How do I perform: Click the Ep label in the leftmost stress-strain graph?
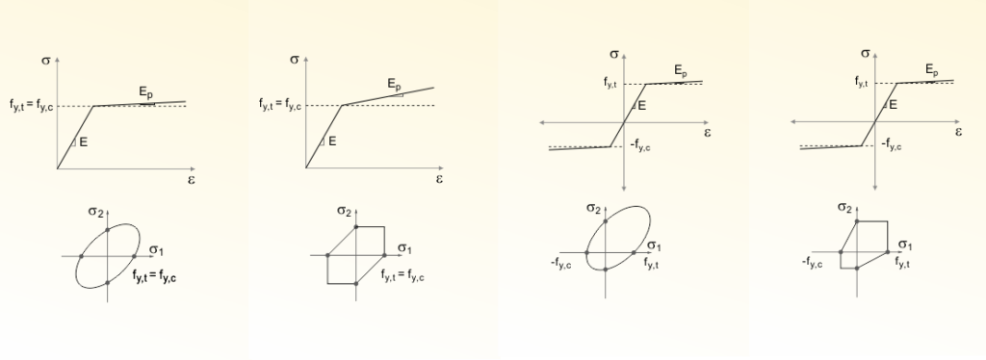click(146, 93)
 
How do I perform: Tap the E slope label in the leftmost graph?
click(83, 142)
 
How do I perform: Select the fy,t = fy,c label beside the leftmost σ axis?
click(32, 106)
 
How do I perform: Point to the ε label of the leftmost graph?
click(191, 180)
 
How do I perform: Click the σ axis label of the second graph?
click(295, 60)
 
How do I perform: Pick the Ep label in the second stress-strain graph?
click(394, 84)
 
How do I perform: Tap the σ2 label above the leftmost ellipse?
click(95, 212)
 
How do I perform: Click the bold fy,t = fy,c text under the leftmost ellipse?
click(154, 276)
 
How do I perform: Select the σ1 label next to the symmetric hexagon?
click(405, 249)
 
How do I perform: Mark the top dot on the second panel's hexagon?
click(356, 227)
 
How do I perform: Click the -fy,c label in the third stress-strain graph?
click(640, 145)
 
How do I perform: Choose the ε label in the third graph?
click(707, 133)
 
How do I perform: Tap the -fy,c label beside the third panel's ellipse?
click(561, 264)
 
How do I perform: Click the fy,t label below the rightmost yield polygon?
click(902, 263)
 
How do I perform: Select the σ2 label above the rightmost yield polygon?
click(844, 208)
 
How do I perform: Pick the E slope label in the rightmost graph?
click(893, 104)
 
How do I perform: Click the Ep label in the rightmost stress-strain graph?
click(932, 70)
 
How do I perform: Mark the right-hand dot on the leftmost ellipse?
click(135, 256)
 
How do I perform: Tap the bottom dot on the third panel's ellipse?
click(605, 270)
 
